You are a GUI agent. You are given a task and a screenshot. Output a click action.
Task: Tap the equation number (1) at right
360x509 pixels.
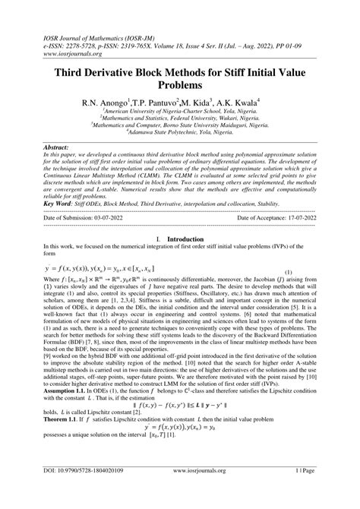(x=288, y=292)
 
